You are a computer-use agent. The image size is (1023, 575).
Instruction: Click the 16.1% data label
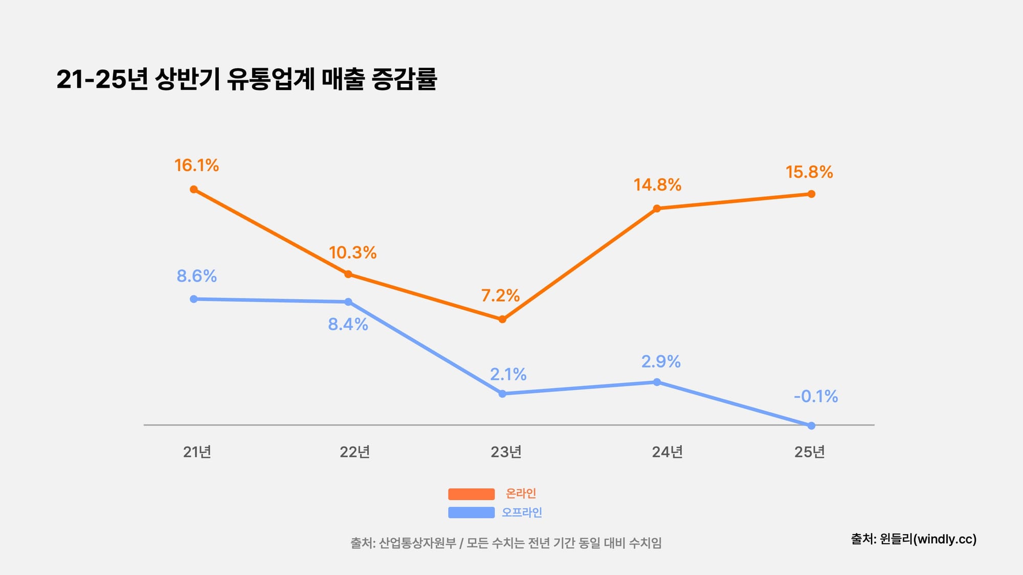pos(196,165)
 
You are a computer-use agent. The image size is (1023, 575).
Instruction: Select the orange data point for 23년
pos(502,319)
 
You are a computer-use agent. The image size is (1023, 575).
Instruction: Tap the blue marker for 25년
pos(811,425)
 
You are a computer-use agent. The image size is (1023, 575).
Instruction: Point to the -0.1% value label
pos(816,396)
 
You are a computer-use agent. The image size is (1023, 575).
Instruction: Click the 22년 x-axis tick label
pos(354,452)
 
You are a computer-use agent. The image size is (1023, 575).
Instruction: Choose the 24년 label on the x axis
pos(667,452)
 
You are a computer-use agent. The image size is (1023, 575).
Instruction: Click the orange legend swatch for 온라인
pos(471,494)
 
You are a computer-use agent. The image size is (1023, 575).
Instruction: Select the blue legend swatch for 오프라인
pos(471,512)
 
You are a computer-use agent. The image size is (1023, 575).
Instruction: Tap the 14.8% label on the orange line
pos(657,185)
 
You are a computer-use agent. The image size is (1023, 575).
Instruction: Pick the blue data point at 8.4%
pos(348,302)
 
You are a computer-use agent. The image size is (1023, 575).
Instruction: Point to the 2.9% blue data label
pos(661,361)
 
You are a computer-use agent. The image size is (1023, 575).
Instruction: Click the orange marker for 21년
pos(194,189)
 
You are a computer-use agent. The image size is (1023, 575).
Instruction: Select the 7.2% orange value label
pos(500,295)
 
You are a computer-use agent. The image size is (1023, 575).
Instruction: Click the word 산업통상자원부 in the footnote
pos(417,543)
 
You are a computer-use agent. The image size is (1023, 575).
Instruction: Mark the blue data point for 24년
pos(657,382)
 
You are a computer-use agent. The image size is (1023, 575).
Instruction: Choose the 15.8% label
pos(809,172)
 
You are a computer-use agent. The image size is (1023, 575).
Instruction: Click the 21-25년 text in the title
pos(102,79)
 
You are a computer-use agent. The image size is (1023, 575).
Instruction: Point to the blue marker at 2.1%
pos(502,394)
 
